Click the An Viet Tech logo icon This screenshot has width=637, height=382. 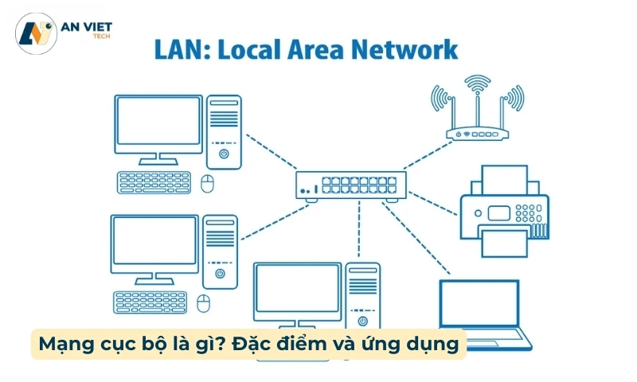(35, 33)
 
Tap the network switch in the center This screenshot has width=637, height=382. (351, 185)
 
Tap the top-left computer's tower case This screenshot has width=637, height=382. (223, 134)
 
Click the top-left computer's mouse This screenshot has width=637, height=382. (209, 185)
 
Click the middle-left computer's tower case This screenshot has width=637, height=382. (220, 251)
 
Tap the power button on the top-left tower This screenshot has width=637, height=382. (224, 154)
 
